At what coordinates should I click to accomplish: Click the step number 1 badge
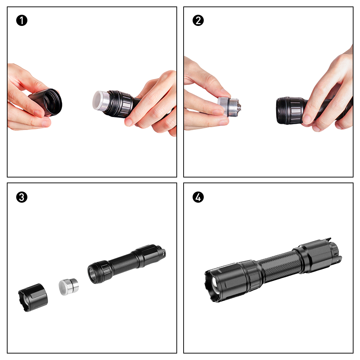pos(22,21)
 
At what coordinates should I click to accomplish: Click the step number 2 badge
pos(198,21)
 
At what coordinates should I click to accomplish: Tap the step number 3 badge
pos(22,197)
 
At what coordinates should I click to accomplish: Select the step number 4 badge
pos(198,197)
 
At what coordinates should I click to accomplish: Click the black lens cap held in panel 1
pos(47,102)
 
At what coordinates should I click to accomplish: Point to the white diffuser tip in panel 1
pos(98,100)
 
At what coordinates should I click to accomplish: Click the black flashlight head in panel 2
pos(291,111)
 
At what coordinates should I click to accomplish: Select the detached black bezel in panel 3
pos(33,298)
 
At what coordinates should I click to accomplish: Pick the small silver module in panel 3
pos(69,287)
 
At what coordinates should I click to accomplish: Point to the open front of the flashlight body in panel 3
pos(94,275)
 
